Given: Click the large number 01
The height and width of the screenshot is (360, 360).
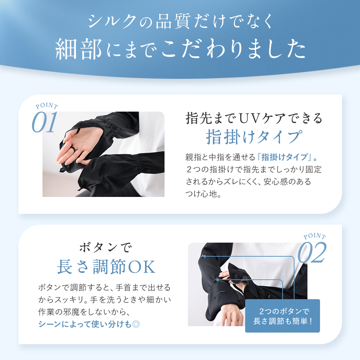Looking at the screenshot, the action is (x=44, y=122).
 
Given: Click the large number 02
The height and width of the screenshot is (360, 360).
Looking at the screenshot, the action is (x=312, y=253).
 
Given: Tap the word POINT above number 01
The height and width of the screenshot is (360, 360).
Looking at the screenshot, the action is (x=47, y=105).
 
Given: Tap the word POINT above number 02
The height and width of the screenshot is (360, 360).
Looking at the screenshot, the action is (x=315, y=236).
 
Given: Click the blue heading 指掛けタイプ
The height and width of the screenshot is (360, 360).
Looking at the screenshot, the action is (x=254, y=137).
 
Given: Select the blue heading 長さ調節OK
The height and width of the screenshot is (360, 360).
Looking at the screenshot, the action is (x=106, y=267).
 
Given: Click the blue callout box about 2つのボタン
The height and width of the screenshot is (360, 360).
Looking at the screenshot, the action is (x=282, y=316).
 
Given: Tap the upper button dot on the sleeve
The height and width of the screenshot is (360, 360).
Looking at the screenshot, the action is (x=204, y=256).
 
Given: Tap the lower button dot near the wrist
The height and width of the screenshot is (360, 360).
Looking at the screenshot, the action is (x=217, y=280).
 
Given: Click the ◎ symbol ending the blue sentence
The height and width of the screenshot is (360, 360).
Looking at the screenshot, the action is (x=136, y=324).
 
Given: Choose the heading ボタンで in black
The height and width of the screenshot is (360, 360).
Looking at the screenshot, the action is (x=105, y=248).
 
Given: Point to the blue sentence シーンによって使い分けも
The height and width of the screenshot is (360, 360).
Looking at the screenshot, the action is (x=85, y=324).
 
